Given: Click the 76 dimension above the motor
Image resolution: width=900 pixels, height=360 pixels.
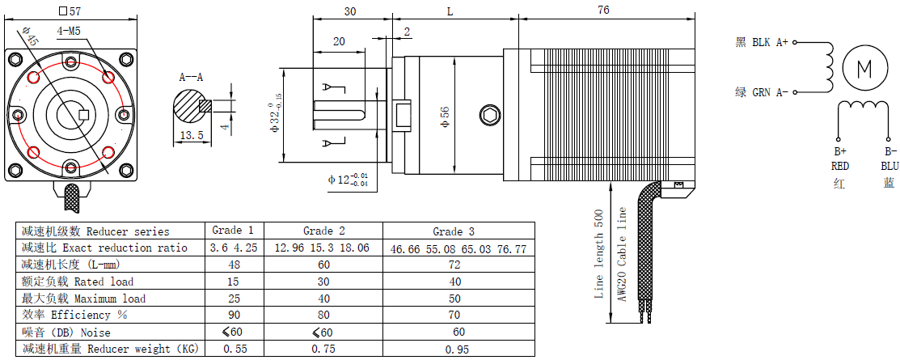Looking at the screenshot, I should coord(603,10).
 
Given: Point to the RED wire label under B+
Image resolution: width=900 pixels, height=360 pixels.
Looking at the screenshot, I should coord(840,166).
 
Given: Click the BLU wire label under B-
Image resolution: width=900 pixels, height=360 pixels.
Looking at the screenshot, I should coord(889,166).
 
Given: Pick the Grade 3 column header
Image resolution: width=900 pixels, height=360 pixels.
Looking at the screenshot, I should coord(458,231).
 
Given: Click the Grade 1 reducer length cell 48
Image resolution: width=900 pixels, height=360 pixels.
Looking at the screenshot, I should coord(233,265).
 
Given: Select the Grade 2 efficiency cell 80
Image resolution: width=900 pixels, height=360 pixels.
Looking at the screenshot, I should coord(323,315).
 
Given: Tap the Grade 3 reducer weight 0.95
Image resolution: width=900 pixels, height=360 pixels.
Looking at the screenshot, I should coord(458,349).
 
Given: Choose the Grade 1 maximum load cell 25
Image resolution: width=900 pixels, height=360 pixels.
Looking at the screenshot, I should coord(233,299).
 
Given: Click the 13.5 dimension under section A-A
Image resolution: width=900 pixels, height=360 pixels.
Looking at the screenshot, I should coord(192,135).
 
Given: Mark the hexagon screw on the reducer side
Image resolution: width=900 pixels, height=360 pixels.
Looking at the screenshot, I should coord(489,115).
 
